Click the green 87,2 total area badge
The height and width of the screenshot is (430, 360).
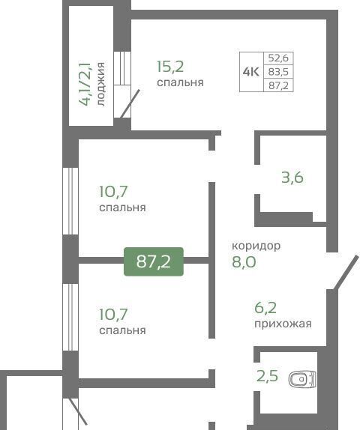(x=154, y=261)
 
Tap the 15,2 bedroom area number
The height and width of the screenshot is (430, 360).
(x=170, y=67)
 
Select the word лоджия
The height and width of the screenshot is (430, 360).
(x=100, y=84)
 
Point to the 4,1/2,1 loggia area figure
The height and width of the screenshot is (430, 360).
(x=85, y=84)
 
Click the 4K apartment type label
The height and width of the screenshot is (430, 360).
(x=251, y=72)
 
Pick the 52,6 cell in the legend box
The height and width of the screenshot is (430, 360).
(x=278, y=58)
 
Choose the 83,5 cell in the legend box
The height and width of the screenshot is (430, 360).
(x=278, y=72)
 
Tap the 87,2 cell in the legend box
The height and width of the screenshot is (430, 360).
(x=278, y=85)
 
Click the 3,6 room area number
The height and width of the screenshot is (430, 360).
(x=292, y=178)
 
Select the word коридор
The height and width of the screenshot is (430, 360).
(x=256, y=246)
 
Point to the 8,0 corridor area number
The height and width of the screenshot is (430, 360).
(x=244, y=261)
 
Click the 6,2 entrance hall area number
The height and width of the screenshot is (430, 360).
(x=265, y=308)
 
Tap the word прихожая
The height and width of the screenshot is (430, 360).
(x=283, y=324)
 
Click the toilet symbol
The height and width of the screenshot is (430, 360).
(x=302, y=379)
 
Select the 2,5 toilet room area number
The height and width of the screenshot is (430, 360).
(x=267, y=376)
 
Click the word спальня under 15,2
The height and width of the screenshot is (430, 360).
(x=180, y=82)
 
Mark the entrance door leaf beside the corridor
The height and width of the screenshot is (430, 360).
(x=346, y=273)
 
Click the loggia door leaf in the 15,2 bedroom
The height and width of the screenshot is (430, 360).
(x=130, y=103)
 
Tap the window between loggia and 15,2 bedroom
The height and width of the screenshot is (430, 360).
(x=122, y=68)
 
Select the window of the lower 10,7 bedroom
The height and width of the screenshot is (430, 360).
(x=70, y=318)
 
